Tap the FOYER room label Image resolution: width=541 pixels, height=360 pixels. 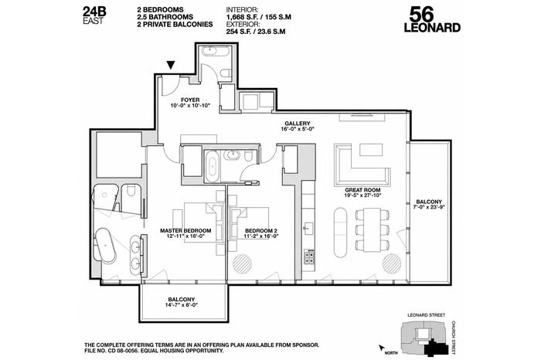[190, 100]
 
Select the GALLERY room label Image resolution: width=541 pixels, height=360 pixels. [298, 123]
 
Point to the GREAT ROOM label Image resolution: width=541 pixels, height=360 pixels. [362, 190]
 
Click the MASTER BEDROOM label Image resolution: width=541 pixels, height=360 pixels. [185, 231]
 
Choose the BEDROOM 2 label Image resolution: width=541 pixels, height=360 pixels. [261, 231]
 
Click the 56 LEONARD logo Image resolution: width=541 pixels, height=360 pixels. [432, 20]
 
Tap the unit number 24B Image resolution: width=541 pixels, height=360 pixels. [94, 12]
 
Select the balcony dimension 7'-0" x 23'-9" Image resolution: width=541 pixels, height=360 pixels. [428, 207]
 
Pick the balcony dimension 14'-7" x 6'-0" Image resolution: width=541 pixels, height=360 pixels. [182, 305]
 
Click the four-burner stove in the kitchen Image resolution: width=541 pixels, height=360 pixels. [309, 256]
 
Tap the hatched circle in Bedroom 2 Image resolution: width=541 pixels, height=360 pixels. [242, 264]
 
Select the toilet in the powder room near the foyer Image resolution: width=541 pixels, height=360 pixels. [226, 73]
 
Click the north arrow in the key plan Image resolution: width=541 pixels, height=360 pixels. [382, 348]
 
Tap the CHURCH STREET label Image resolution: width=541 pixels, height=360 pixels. [454, 338]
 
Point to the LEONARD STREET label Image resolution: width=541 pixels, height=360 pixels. [426, 315]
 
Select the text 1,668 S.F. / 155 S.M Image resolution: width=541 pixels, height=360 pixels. [258, 17]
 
